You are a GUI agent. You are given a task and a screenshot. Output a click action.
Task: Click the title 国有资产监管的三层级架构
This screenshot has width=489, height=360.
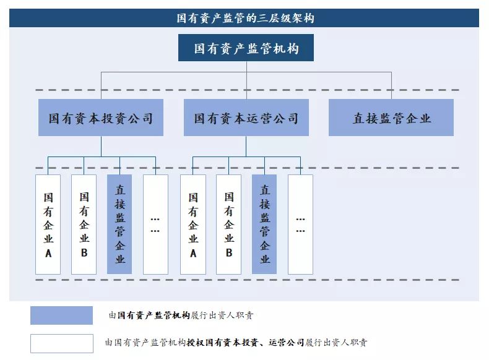(x=246, y=18)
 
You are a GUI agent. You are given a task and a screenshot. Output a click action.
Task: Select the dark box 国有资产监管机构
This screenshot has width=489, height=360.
(x=246, y=48)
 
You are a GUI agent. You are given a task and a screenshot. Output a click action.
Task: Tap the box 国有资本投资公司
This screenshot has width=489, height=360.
(x=101, y=118)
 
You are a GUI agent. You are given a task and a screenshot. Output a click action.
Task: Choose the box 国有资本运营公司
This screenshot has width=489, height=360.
(x=246, y=118)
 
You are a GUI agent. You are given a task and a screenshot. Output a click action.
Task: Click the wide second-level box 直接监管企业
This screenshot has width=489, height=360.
(x=391, y=118)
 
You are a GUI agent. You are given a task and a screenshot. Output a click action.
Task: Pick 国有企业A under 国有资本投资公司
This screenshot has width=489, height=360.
(x=48, y=225)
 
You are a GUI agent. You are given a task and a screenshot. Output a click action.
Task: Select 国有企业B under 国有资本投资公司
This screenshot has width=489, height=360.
(x=84, y=225)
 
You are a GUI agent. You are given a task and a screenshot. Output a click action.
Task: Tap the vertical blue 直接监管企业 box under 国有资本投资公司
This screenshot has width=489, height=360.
(x=119, y=225)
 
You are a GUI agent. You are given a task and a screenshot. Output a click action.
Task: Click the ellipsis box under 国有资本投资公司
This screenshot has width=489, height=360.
(x=155, y=225)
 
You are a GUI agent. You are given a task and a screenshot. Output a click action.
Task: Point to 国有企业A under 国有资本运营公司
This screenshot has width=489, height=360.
(x=193, y=225)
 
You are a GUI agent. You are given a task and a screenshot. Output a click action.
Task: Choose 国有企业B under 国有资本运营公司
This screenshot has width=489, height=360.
(x=228, y=225)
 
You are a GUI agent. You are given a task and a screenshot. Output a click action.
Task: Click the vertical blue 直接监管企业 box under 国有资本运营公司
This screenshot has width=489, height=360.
(x=264, y=225)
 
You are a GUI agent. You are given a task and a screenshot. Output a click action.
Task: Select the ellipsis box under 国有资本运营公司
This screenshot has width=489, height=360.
(x=300, y=225)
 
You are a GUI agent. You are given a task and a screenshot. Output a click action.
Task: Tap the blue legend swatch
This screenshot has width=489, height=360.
(x=61, y=315)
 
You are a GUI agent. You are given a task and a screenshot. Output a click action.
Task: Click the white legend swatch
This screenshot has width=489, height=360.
(x=62, y=343)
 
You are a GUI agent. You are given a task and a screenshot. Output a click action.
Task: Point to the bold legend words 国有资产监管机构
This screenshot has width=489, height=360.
(x=154, y=315)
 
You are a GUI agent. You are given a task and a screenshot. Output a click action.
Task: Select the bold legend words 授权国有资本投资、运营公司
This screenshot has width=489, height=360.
(x=246, y=343)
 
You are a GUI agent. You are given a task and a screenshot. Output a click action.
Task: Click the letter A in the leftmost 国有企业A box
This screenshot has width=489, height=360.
(x=48, y=254)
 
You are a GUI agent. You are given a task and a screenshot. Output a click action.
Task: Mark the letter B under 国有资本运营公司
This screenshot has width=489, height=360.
(x=229, y=252)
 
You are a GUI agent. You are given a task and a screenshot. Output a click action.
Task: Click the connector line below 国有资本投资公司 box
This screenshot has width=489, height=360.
(x=101, y=146)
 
